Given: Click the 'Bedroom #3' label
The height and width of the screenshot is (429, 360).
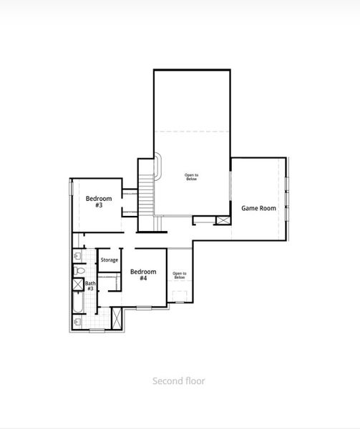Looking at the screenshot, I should pyautogui.click(x=99, y=202).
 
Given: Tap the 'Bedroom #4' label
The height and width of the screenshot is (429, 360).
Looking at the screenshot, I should pyautogui.click(x=143, y=275).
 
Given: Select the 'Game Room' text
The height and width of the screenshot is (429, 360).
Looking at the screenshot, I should pyautogui.click(x=258, y=209).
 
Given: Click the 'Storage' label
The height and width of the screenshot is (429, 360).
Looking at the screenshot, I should pyautogui.click(x=109, y=260).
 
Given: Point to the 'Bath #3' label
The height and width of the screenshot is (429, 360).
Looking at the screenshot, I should pyautogui.click(x=90, y=286).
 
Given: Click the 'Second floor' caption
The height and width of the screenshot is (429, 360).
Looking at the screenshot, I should pyautogui.click(x=179, y=381).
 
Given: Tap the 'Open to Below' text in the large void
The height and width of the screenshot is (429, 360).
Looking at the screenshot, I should pyautogui.click(x=192, y=177).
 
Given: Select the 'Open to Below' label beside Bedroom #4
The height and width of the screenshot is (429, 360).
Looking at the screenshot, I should pyautogui.click(x=179, y=275).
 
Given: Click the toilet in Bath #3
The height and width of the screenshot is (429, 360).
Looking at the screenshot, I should pyautogui.click(x=80, y=272).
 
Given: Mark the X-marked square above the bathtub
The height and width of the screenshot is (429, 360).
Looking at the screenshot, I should pyautogui.click(x=78, y=285).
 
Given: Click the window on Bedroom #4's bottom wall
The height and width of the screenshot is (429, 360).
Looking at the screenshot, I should pyautogui.click(x=144, y=307).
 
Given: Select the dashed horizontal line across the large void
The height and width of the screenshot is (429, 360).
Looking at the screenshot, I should pyautogui.click(x=192, y=131).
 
